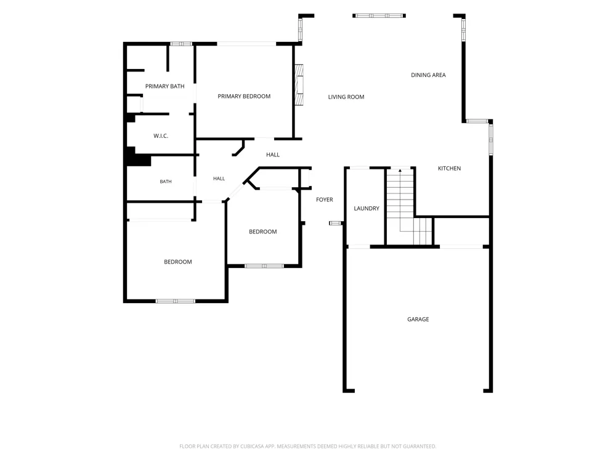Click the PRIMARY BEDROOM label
pyautogui.click(x=244, y=96)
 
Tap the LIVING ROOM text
pyautogui.click(x=346, y=97)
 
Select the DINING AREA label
pyautogui.click(x=428, y=75)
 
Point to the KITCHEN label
pyautogui.click(x=450, y=169)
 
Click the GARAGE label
pyautogui.click(x=418, y=319)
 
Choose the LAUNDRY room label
pyautogui.click(x=367, y=209)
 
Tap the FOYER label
pyautogui.click(x=325, y=200)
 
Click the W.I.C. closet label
pyautogui.click(x=161, y=136)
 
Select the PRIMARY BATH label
pyautogui.click(x=165, y=86)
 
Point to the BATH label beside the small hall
pyautogui.click(x=166, y=182)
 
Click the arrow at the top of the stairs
pyautogui.click(x=400, y=171)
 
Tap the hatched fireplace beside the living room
pyautogui.click(x=299, y=85)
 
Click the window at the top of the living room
pyautogui.click(x=379, y=16)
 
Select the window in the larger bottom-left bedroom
pyautogui.click(x=176, y=301)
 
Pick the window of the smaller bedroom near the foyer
pyautogui.click(x=264, y=266)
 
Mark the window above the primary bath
pyautogui.click(x=181, y=44)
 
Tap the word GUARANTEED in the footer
pyautogui.click(x=419, y=446)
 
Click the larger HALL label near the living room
pyautogui.click(x=273, y=155)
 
